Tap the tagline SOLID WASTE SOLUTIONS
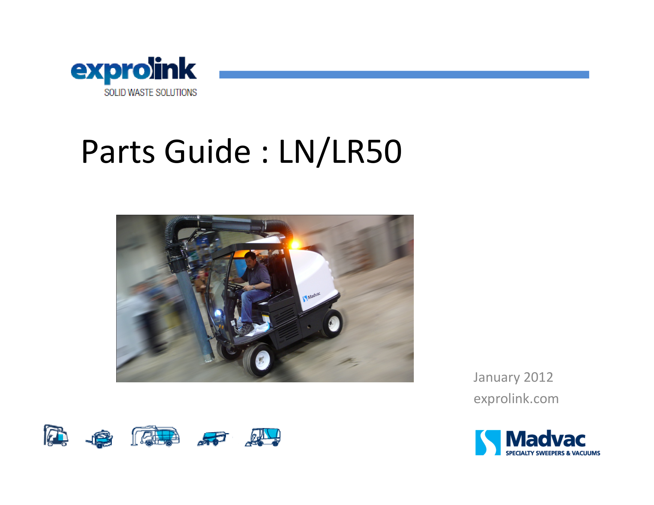tap(150, 92)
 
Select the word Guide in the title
tap(207, 151)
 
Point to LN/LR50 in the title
tap(340, 152)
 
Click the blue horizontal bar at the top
tap(404, 75)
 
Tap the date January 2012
tap(513, 378)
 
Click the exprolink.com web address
tap(516, 399)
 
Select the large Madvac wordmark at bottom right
tap(545, 439)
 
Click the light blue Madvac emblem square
tap(488, 443)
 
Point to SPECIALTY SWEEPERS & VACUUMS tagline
tap(553, 453)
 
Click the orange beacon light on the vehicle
tap(295, 245)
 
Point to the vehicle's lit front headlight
tap(218, 313)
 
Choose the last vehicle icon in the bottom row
tap(263, 437)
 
